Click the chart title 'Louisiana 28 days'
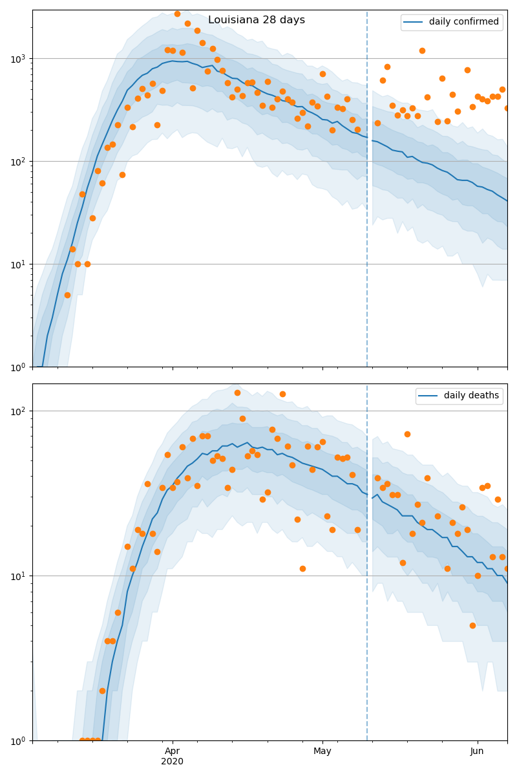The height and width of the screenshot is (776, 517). [257, 20]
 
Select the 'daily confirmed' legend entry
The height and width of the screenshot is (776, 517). [463, 22]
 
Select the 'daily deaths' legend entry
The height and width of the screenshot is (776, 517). [471, 396]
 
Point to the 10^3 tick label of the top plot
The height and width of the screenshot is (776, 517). [17, 58]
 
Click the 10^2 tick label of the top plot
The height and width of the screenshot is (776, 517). [17, 161]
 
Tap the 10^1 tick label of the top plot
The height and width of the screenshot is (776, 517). [17, 264]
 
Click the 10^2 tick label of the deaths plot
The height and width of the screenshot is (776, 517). [17, 411]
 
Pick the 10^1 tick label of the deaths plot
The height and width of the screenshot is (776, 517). [17, 576]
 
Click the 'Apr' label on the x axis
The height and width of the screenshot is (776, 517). [173, 751]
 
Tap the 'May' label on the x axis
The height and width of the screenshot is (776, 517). [322, 751]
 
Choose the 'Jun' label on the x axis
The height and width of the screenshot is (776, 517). [477, 751]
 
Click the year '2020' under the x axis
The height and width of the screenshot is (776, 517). [173, 761]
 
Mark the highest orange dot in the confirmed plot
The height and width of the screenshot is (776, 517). [177, 14]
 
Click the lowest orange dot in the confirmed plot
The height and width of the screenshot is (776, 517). [67, 295]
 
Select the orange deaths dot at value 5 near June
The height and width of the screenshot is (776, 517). [472, 625]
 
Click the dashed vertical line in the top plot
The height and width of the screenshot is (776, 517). [367, 194]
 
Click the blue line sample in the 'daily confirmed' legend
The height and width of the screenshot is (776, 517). [413, 22]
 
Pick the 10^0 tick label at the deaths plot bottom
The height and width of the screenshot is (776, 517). [17, 740]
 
